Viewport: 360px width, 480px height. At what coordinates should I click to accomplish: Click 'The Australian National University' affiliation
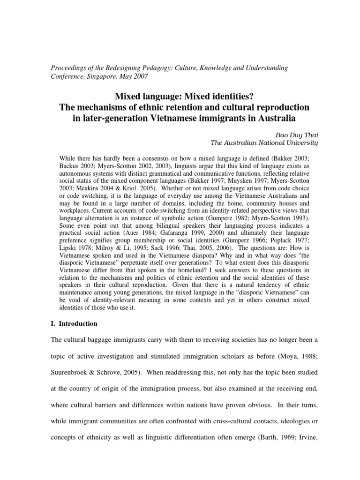263,142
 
